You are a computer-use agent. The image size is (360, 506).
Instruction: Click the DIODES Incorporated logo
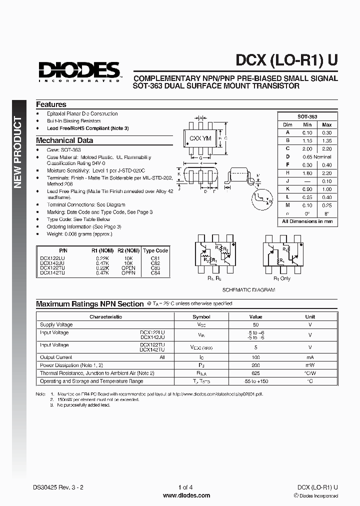point(79,71)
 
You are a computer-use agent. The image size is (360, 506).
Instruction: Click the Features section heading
point(51,104)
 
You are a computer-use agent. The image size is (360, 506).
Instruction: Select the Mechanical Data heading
point(64,140)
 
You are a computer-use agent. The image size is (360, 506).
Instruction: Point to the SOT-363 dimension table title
point(307,116)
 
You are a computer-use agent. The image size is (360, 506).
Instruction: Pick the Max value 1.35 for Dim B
point(326,140)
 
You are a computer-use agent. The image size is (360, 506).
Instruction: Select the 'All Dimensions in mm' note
point(307,221)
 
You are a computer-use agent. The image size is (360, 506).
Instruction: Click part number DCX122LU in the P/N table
point(51,258)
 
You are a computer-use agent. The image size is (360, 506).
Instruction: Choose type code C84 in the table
point(155,273)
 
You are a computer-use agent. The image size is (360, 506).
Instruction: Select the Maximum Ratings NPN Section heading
point(89,304)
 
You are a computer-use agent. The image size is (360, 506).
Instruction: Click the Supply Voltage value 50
point(255,324)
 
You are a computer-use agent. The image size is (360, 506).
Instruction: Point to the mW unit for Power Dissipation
point(310,365)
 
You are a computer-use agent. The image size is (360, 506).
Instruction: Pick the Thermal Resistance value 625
point(255,373)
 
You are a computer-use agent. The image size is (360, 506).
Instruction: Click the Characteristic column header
point(105,316)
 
